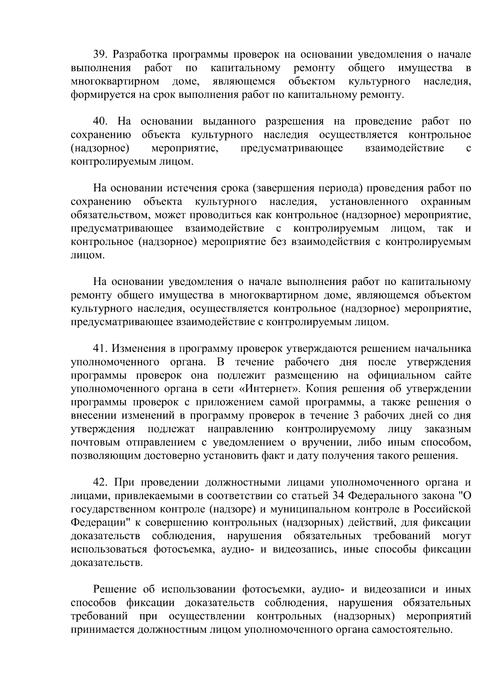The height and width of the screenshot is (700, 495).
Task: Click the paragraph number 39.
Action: coord(101,54)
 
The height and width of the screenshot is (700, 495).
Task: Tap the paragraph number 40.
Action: coord(101,121)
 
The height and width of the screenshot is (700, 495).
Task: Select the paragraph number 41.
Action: coord(101,349)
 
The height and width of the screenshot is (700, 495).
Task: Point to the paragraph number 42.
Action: coord(101,483)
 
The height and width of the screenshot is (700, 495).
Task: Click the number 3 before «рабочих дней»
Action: coord(357,416)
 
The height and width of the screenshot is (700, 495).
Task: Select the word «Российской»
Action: coord(443,509)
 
